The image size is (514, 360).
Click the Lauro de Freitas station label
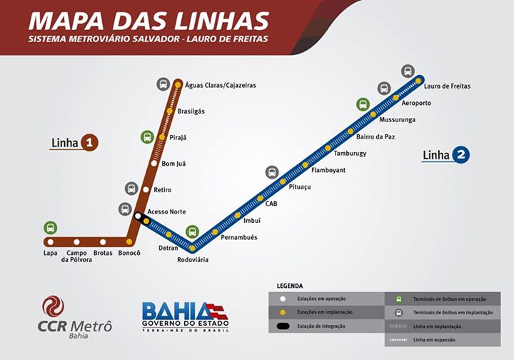[x=447, y=86]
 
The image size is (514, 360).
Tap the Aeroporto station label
[x=416, y=103]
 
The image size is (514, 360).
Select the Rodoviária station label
[x=193, y=260]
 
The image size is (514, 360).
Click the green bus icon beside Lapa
[x=50, y=228]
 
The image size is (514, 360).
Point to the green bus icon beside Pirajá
[x=147, y=137]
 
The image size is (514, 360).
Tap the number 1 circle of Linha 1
[x=89, y=143]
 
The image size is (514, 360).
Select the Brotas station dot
[x=103, y=242]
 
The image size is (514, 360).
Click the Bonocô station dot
[x=129, y=242]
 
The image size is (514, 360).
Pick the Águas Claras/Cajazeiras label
[x=220, y=85]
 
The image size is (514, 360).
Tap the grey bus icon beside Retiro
[x=131, y=189]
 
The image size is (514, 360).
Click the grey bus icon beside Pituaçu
[x=272, y=172]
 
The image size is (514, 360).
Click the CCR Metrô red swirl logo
[x=53, y=306]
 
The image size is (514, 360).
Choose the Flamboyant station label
[x=328, y=170]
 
